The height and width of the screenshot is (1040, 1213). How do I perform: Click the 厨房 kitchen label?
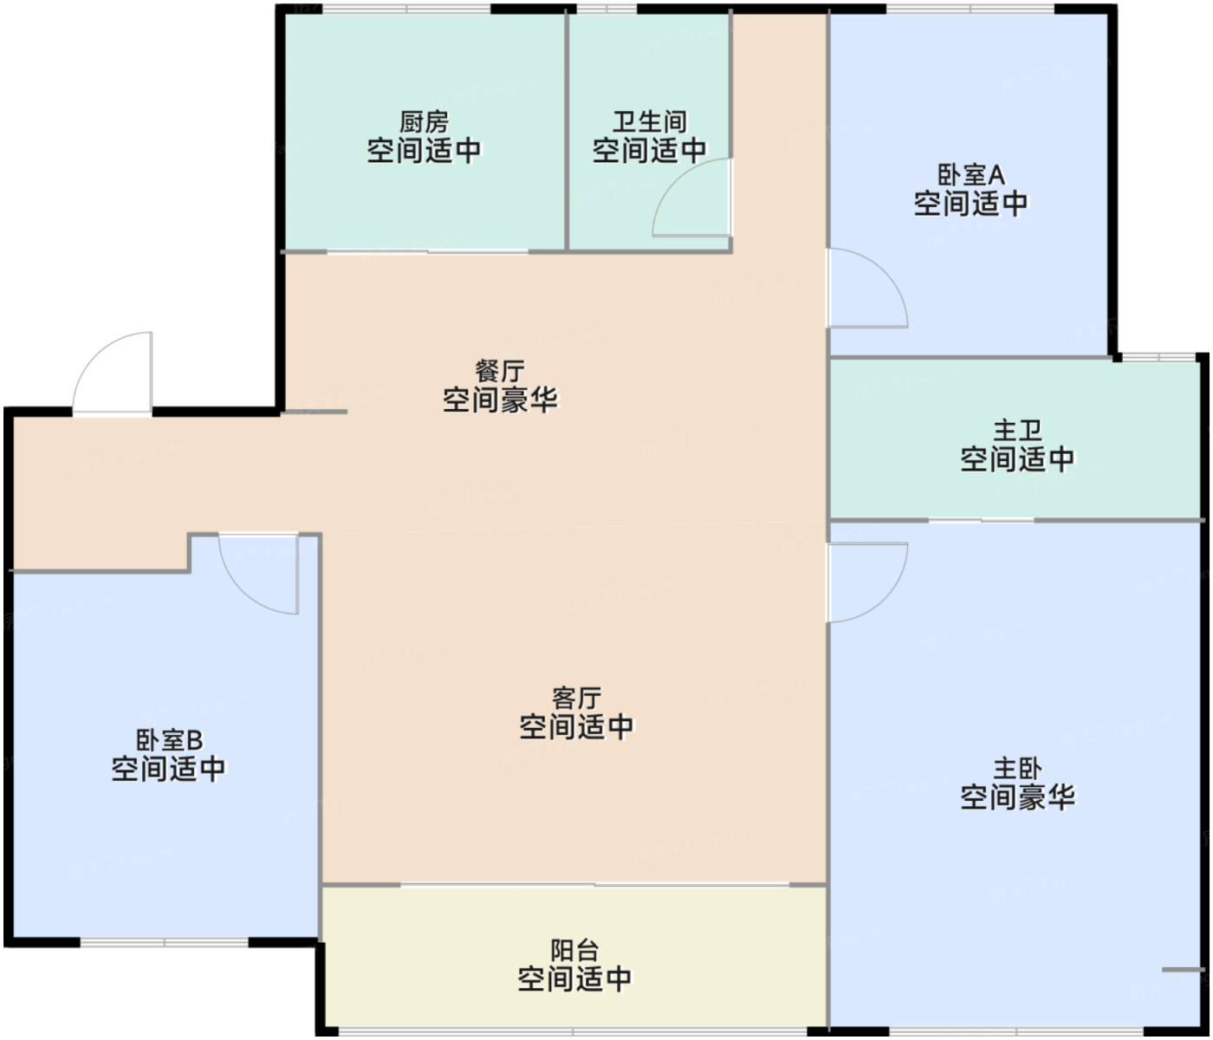[424, 122]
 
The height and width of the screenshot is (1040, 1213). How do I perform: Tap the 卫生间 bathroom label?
[649, 122]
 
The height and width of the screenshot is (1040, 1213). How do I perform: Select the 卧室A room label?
[970, 175]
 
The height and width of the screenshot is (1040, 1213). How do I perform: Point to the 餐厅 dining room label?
[500, 372]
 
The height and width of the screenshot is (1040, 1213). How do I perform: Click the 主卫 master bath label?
[1017, 431]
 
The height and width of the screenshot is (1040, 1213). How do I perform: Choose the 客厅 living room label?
[576, 699]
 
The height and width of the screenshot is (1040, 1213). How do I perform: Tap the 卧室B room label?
[169, 740]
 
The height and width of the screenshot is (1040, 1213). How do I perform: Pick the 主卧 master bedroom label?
[1017, 768]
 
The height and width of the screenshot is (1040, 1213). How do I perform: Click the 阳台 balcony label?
[574, 950]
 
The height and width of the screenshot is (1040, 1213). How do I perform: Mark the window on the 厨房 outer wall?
[406, 9]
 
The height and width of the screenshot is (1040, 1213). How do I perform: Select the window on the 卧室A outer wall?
[970, 9]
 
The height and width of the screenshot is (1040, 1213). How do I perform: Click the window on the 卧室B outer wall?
[165, 942]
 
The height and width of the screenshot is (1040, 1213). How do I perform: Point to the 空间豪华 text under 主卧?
[1017, 797]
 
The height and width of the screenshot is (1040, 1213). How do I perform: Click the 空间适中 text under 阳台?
[574, 978]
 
